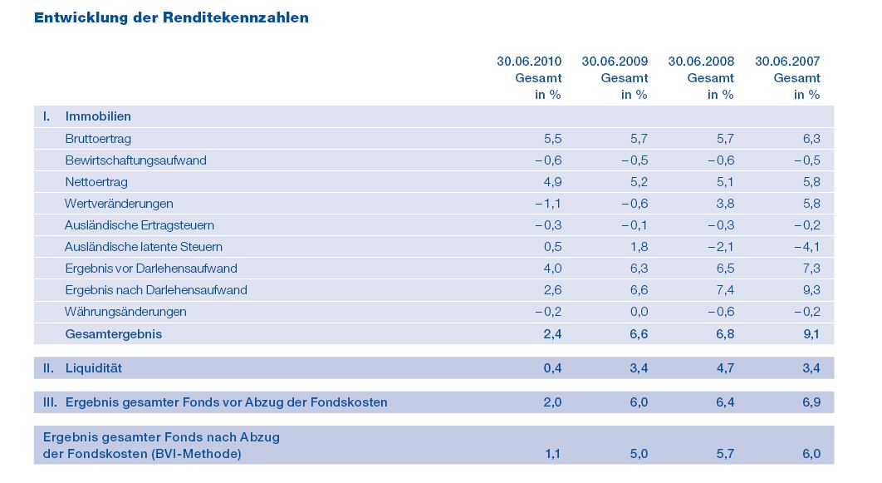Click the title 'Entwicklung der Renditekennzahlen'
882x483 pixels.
pyautogui.click(x=171, y=17)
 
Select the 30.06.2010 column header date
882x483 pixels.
pyautogui.click(x=529, y=61)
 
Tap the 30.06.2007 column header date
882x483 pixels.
pyautogui.click(x=787, y=61)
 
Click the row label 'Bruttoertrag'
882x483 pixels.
pyautogui.click(x=98, y=139)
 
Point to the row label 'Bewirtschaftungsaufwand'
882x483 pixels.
pyautogui.click(x=135, y=160)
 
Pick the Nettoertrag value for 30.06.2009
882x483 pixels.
pyautogui.click(x=639, y=182)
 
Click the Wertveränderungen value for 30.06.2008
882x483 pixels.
pyautogui.click(x=725, y=204)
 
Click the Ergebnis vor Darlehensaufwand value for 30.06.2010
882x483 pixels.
pyautogui.click(x=552, y=269)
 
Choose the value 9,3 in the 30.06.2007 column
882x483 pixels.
pyautogui.click(x=811, y=290)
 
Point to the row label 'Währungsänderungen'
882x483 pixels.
pyautogui.click(x=125, y=312)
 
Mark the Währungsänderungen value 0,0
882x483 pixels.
pyautogui.click(x=639, y=312)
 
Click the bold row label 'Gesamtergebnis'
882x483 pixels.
pyautogui.click(x=113, y=334)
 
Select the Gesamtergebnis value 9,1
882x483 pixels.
pyautogui.click(x=811, y=334)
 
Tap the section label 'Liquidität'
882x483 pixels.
pyautogui.click(x=94, y=367)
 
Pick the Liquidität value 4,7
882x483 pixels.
pyautogui.click(x=725, y=367)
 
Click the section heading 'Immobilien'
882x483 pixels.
pyautogui.click(x=98, y=116)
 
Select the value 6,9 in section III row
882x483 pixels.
pyautogui.click(x=811, y=402)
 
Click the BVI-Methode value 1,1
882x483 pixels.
pyautogui.click(x=552, y=454)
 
